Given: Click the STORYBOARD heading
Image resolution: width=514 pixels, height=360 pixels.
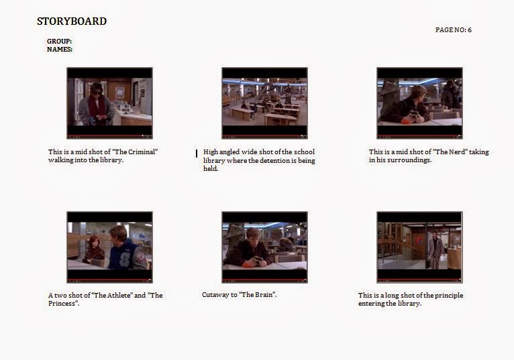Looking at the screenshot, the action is tap(72, 21).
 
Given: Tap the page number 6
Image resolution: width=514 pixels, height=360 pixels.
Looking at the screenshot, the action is tap(470, 29).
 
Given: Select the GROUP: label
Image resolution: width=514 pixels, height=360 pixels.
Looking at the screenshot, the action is tap(59, 42).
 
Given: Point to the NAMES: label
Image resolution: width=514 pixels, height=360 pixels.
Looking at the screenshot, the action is tap(60, 50).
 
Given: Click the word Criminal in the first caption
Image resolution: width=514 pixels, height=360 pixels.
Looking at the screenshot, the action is tap(142, 152).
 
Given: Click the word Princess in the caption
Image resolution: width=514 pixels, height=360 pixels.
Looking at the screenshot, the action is tap(62, 303).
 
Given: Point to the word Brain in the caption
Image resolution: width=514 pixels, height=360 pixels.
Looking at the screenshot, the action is tap(264, 294).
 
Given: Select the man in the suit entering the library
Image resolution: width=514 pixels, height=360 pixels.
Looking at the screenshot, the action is tap(435, 250).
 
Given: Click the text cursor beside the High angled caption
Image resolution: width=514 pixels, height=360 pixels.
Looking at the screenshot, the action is tap(197, 154).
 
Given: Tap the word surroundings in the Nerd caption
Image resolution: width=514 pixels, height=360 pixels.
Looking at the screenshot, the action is tap(410, 160).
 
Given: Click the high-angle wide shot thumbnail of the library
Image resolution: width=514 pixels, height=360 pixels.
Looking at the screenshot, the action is tap(264, 103).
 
